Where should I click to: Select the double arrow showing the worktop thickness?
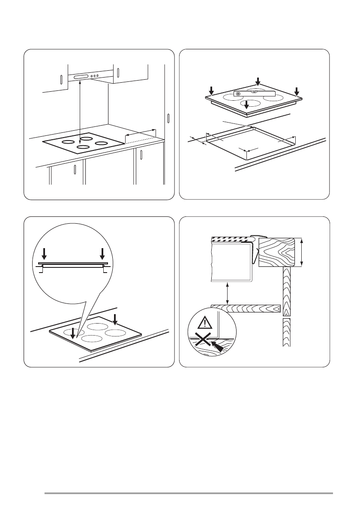tap(302, 253)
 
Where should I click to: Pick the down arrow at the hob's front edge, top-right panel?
tap(246, 104)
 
